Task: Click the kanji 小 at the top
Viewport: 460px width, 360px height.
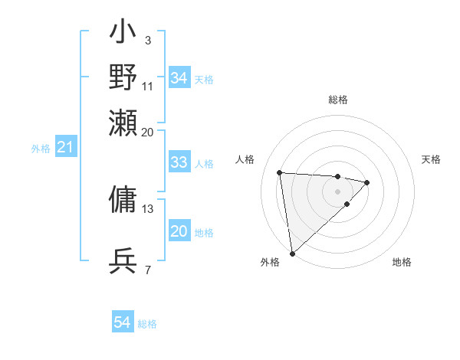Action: [123, 35]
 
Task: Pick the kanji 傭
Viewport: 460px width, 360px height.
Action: [123, 198]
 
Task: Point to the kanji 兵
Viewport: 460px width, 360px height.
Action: [123, 261]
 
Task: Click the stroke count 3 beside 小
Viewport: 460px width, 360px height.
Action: [147, 39]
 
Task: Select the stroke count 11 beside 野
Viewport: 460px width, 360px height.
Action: [148, 85]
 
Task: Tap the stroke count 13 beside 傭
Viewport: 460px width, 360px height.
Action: [148, 208]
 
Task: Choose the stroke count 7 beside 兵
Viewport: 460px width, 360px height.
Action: [147, 269]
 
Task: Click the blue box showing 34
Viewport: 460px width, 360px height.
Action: [179, 78]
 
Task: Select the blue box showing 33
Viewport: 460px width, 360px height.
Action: [179, 162]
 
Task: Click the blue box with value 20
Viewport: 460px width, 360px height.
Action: [179, 232]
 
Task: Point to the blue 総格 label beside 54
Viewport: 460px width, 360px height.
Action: [147, 324]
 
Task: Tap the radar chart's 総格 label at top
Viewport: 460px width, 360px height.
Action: [337, 100]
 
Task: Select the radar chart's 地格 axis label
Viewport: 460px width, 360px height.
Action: [402, 262]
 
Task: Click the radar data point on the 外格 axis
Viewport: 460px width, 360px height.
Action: [292, 253]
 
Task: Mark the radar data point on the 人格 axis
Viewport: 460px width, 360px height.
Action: [280, 172]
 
